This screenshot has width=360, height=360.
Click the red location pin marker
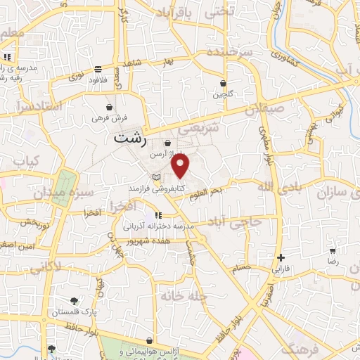(x=181, y=166)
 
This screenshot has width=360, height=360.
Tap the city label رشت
(x=131, y=139)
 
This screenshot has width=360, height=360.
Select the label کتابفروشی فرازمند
(x=175, y=188)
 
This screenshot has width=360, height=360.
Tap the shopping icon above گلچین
(x=223, y=84)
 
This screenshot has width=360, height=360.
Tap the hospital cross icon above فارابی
(x=281, y=257)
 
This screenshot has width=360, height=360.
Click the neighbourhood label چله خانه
(x=181, y=297)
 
